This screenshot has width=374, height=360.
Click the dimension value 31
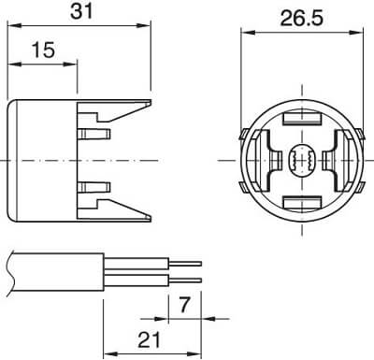[x=81, y=11]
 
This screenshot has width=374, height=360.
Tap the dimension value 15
[x=44, y=50]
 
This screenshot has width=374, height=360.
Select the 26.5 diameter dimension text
[x=302, y=18]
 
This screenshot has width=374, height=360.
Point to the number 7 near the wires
[x=184, y=305]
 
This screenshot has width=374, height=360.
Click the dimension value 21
[x=150, y=339]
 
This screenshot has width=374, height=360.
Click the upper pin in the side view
[x=94, y=134]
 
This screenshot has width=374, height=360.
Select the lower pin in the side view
[x=94, y=187]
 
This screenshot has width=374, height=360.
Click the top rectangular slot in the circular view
[x=302, y=118]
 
